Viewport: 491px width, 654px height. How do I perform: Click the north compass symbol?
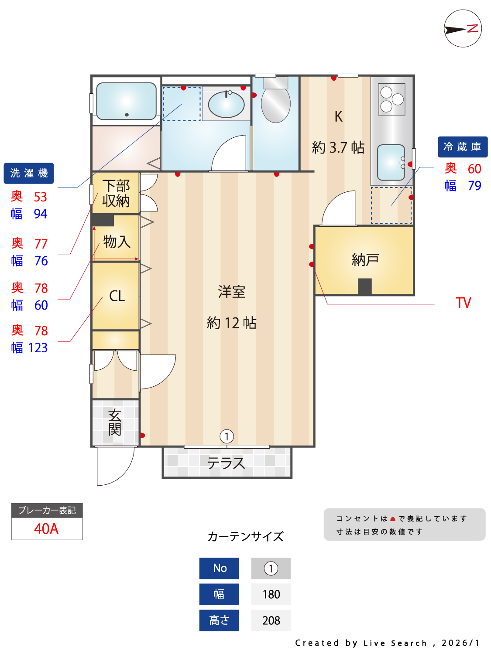(x=463, y=29)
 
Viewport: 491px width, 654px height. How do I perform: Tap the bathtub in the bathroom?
(x=126, y=101)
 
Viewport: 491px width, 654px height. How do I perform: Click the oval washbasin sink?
(x=226, y=105)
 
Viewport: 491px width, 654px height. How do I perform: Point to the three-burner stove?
(x=391, y=99)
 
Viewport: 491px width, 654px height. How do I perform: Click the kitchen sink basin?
(x=391, y=162)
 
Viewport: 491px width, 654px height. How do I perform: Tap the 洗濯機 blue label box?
(x=29, y=173)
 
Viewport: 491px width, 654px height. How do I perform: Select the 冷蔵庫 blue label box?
(x=462, y=147)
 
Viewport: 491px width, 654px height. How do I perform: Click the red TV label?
(x=463, y=303)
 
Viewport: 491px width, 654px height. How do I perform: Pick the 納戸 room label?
(x=365, y=260)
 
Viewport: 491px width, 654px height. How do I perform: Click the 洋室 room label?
(x=231, y=292)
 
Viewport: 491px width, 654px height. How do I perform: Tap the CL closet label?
(x=117, y=296)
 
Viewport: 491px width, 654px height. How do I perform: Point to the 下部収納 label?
(x=116, y=193)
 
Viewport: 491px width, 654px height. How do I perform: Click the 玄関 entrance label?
(x=115, y=422)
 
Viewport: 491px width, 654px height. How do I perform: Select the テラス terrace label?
(x=226, y=463)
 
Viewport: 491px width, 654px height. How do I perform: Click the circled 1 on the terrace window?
(x=227, y=436)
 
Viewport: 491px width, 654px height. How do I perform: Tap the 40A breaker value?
(x=46, y=529)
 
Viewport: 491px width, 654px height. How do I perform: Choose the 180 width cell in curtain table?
(x=271, y=594)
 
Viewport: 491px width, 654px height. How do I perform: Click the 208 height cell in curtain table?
(x=271, y=620)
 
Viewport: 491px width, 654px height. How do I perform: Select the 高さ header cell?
(x=219, y=620)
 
